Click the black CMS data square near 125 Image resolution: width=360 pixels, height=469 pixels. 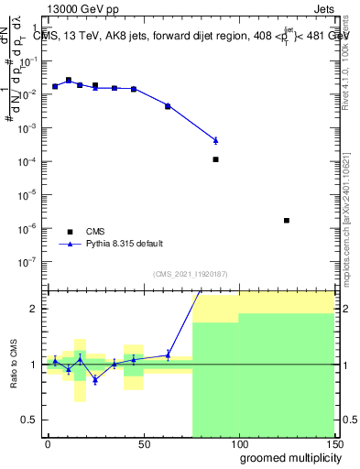tap(287, 220)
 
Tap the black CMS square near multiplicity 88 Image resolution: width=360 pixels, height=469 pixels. tap(215, 159)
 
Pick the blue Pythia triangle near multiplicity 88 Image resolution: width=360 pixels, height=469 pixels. tap(215, 140)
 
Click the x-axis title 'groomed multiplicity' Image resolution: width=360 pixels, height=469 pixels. tap(286, 456)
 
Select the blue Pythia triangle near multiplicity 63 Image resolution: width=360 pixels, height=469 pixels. tap(168, 106)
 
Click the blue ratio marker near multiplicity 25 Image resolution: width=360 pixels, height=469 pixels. tap(95, 379)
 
